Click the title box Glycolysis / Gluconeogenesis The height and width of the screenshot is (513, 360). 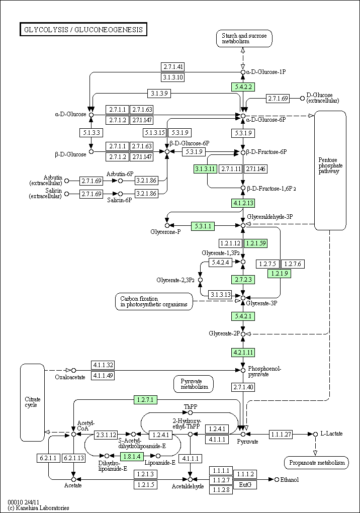(83, 30)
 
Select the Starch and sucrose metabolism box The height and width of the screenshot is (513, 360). (244, 38)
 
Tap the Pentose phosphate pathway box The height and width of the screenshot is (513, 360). (330, 170)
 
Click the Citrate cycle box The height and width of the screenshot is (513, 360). (32, 402)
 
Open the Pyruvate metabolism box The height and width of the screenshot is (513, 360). (194, 384)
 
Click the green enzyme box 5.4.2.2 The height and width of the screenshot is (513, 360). (243, 87)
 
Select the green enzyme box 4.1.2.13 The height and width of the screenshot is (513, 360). (243, 203)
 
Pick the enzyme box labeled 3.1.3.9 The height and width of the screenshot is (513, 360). (159, 93)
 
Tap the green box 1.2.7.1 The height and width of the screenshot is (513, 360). (145, 399)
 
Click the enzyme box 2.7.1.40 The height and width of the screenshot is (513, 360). (243, 387)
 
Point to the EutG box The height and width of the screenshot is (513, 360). (245, 484)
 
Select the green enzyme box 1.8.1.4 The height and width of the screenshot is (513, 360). (132, 456)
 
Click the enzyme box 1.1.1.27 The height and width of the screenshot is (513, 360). (281, 434)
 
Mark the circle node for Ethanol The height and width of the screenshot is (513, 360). (277, 479)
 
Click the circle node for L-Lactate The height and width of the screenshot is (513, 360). (315, 434)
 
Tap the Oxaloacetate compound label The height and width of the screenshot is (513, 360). (70, 377)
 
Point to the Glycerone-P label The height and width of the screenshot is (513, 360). (165, 232)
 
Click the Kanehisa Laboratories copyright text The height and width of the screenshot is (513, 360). (39, 508)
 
